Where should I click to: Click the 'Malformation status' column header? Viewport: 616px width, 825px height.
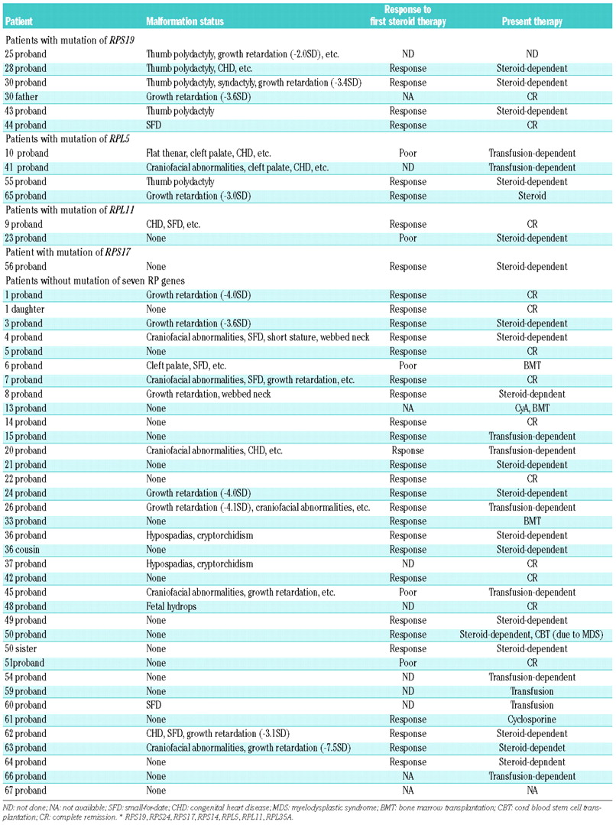185,22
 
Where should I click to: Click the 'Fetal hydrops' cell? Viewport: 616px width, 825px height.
172,606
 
